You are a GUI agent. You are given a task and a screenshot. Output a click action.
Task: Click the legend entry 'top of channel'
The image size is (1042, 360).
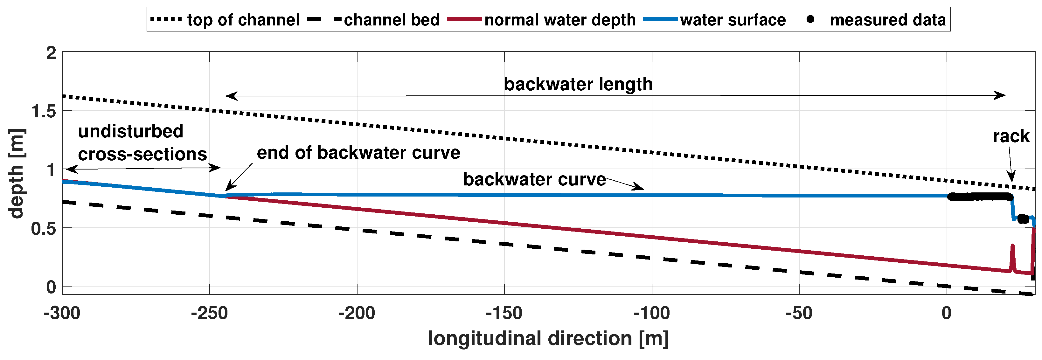tap(243, 20)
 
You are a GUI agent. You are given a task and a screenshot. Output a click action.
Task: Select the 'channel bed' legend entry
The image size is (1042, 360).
tap(391, 20)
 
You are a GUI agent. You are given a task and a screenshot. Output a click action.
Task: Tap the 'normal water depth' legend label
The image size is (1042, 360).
tap(560, 20)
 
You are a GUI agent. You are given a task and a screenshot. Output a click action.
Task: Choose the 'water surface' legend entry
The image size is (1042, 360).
tap(733, 20)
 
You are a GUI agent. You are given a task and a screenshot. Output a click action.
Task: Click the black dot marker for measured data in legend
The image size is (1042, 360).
tap(810, 19)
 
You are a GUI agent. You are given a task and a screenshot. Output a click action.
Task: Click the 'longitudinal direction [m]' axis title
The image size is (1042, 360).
tap(548, 338)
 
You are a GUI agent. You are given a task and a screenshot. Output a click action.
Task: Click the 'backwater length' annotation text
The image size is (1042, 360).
tap(578, 84)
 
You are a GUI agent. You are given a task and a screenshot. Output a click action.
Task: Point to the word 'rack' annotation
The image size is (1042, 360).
tap(1011, 136)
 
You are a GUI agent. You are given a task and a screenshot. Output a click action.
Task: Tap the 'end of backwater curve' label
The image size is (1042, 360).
tap(358, 153)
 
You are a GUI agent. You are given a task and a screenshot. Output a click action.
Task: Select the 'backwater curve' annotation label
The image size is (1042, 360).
tap(534, 179)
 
